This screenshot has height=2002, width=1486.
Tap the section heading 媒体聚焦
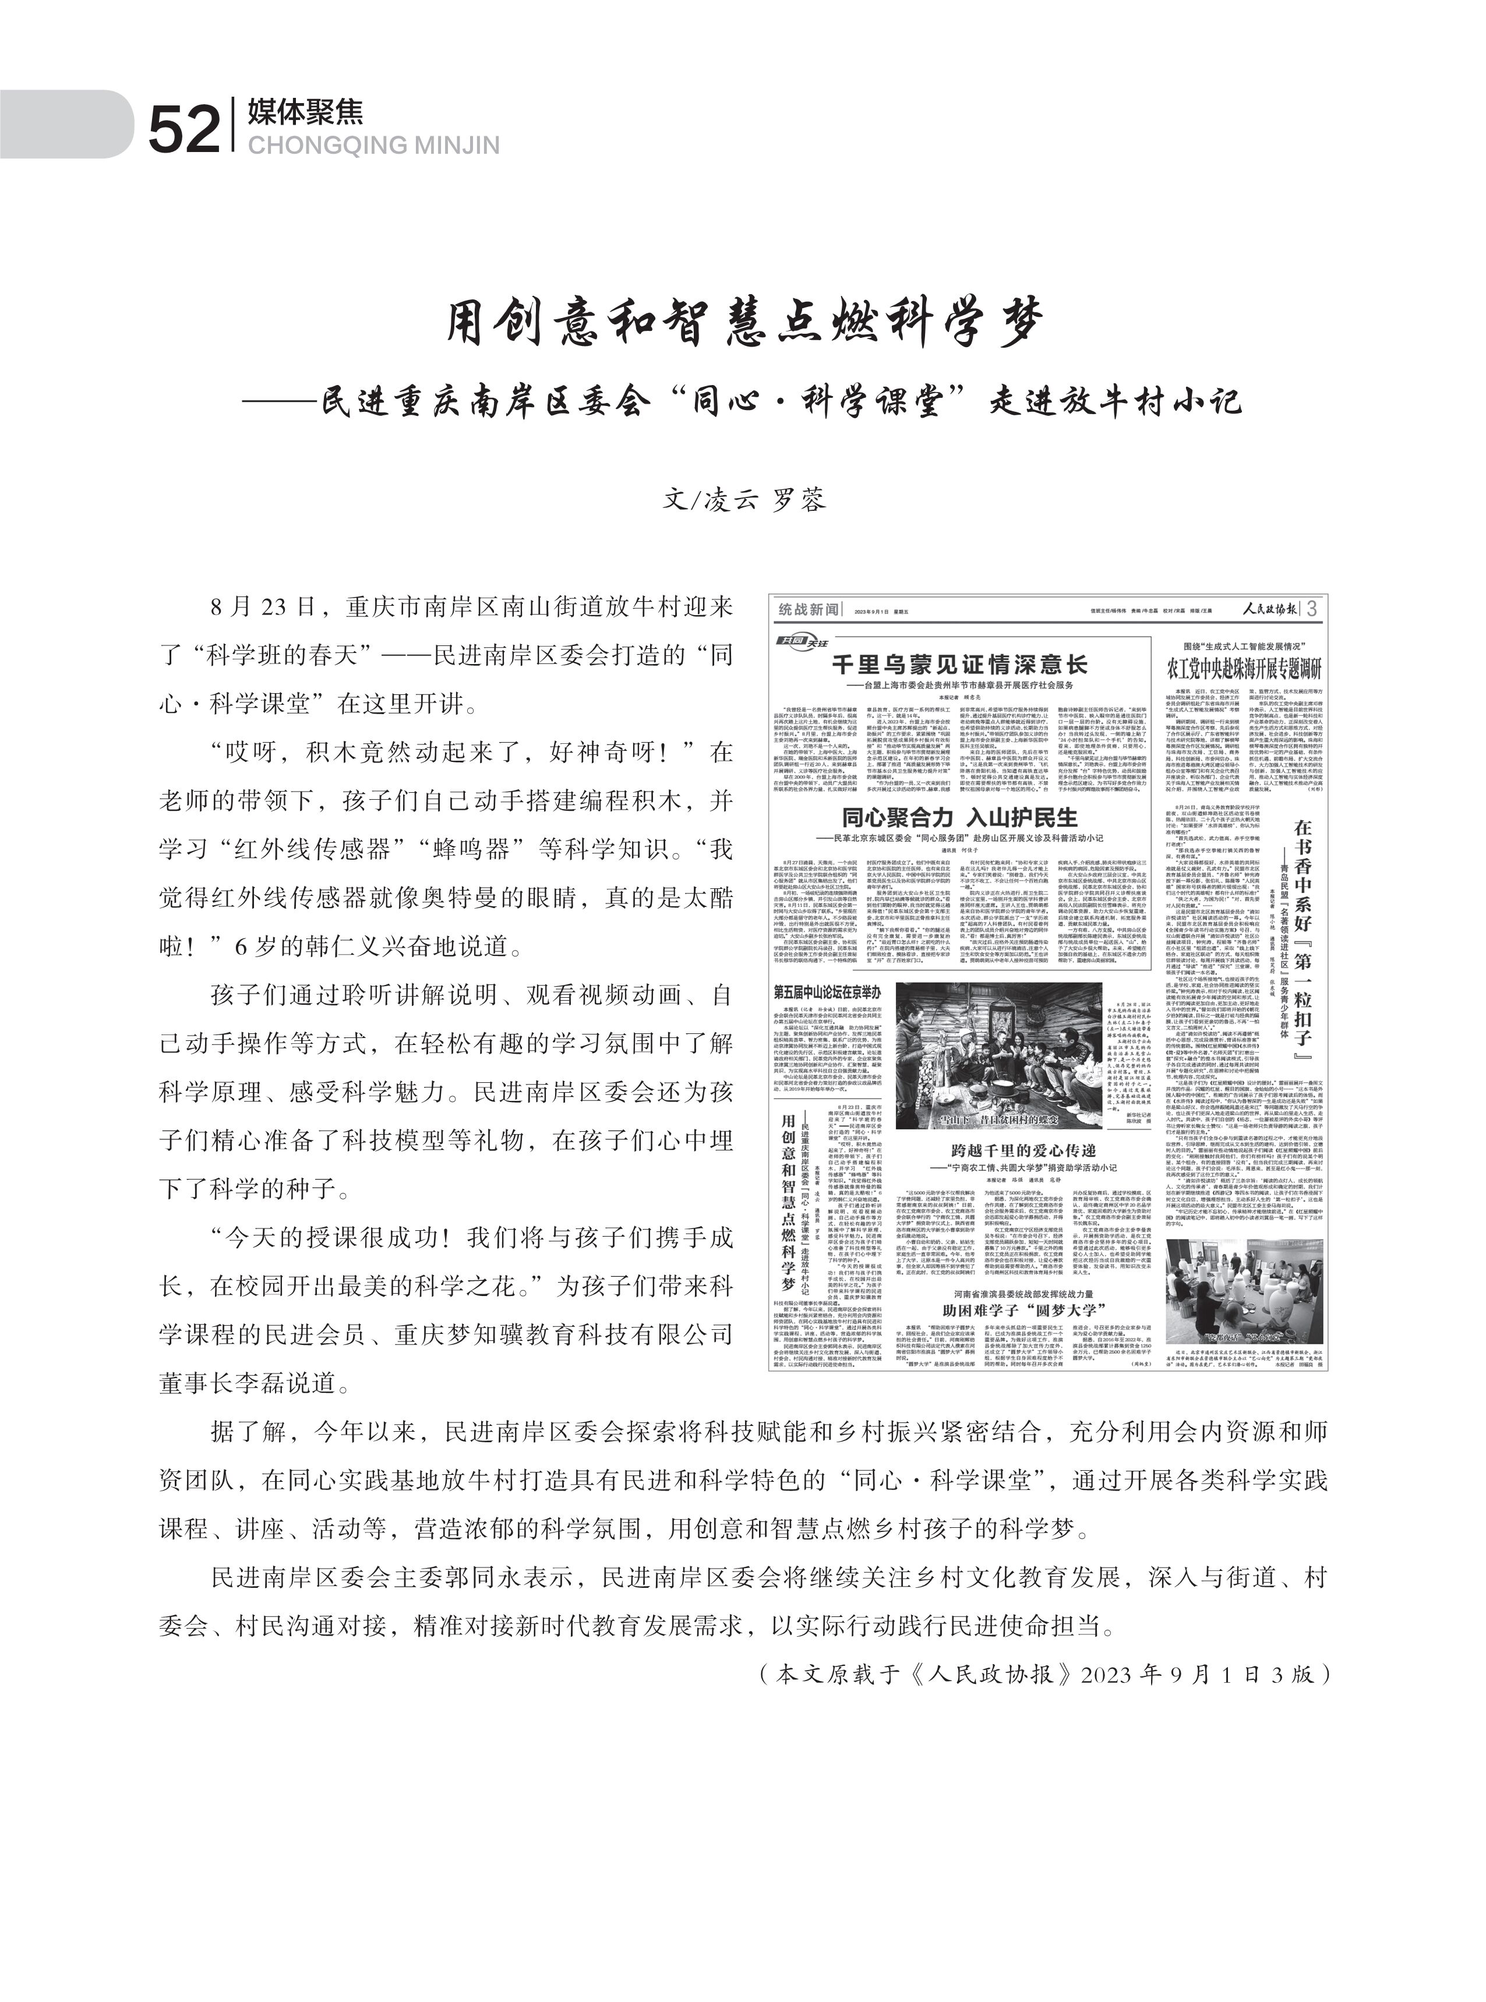306,111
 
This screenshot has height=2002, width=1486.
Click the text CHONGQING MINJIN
373,146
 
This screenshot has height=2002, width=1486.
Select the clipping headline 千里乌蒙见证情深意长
959,665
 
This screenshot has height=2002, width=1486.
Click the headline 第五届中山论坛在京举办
827,992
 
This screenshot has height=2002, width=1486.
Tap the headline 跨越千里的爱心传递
1023,1150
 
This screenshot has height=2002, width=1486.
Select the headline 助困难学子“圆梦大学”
1023,1309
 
